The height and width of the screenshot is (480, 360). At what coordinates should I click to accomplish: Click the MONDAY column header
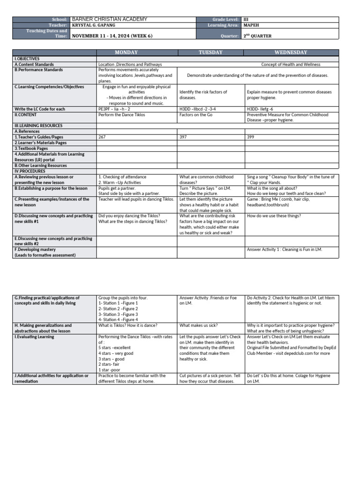tap(136, 52)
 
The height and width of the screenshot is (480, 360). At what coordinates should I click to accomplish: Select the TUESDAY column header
tap(210, 52)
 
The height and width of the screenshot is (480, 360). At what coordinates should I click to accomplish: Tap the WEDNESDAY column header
tap(291, 52)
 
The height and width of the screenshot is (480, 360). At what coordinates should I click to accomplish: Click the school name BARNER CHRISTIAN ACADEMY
tap(109, 19)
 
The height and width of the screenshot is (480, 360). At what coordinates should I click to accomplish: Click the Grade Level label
tap(225, 19)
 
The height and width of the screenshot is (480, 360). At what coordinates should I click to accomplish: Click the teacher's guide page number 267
tap(102, 137)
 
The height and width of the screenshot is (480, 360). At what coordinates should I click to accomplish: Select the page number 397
tap(183, 137)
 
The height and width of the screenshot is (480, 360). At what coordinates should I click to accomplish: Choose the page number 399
tap(251, 137)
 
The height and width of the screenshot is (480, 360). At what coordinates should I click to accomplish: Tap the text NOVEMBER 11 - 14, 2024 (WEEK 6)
tap(112, 36)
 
